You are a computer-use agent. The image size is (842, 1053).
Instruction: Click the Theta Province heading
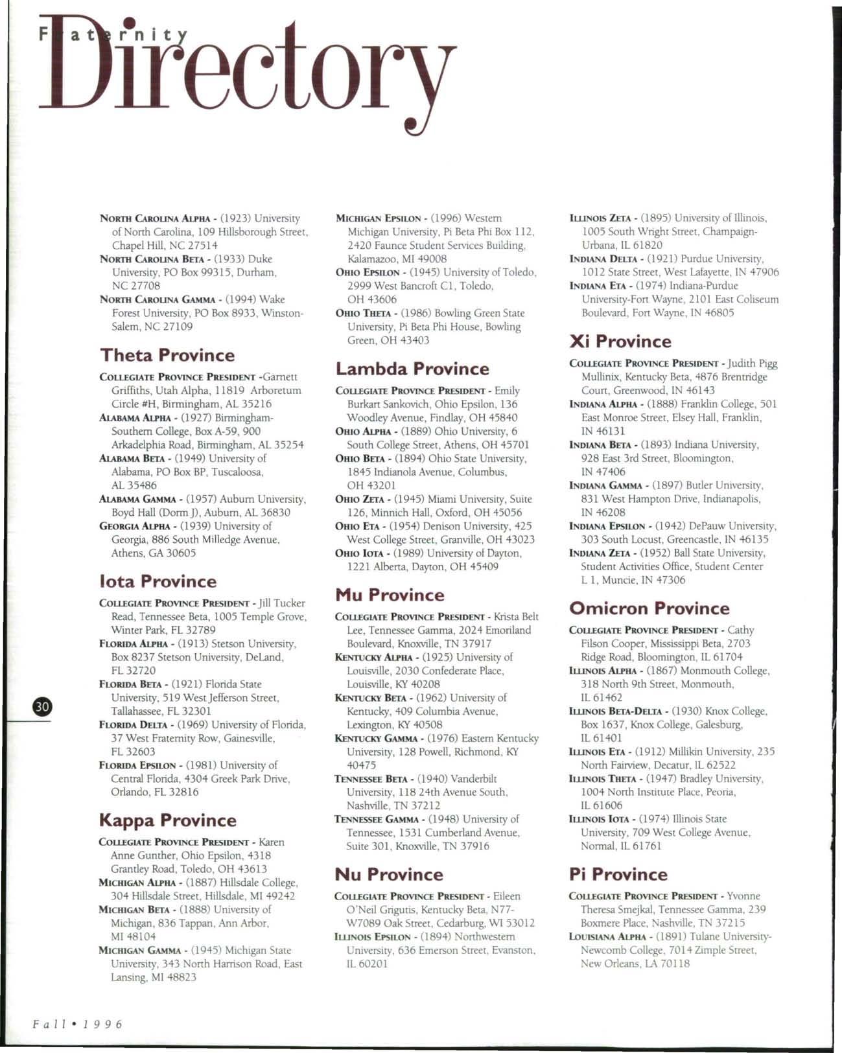tap(167, 355)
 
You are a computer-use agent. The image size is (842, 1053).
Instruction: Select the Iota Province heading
tap(158, 581)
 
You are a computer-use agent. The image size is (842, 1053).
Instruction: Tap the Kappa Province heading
tap(167, 820)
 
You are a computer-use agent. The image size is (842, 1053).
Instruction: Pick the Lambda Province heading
tap(412, 369)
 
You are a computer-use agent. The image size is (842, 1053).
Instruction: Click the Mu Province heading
tap(390, 595)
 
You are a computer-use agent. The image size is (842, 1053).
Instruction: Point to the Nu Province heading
tap(389, 874)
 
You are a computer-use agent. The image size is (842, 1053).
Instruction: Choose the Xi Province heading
tap(620, 341)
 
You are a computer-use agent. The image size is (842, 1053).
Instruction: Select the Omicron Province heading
tap(649, 608)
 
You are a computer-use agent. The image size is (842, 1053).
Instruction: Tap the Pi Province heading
tap(618, 874)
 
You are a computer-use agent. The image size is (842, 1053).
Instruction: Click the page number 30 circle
tap(42, 707)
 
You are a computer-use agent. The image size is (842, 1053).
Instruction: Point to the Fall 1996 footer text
tap(77, 1024)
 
